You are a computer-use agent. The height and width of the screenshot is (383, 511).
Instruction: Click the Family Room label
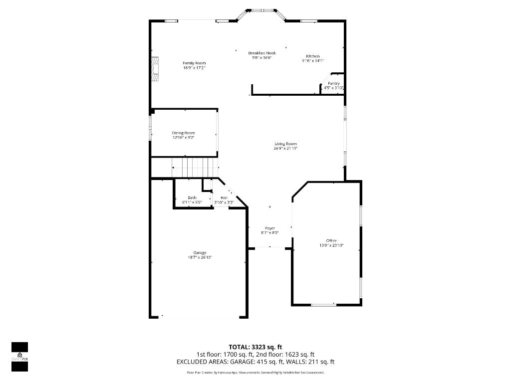click(194, 63)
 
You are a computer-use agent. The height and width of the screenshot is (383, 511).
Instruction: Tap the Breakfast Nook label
click(261, 53)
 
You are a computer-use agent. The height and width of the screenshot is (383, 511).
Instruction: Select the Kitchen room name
click(313, 56)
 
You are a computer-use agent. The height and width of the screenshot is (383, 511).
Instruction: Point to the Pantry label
click(333, 83)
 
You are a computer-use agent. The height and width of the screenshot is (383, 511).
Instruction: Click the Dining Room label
click(183, 133)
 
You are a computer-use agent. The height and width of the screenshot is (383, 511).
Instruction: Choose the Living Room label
click(285, 144)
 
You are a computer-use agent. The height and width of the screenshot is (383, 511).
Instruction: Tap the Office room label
click(331, 241)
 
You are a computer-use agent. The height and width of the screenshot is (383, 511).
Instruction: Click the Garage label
click(200, 253)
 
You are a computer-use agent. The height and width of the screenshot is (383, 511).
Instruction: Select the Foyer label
click(270, 228)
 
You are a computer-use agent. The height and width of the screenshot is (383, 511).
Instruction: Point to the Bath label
click(192, 198)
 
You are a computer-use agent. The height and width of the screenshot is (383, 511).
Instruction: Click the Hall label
click(224, 198)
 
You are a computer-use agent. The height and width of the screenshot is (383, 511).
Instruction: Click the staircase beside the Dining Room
click(195, 167)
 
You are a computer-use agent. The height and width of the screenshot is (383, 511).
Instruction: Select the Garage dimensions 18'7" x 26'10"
click(200, 258)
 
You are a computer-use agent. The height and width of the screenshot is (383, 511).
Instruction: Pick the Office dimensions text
click(331, 245)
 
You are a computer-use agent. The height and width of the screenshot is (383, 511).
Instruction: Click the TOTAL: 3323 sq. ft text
click(255, 347)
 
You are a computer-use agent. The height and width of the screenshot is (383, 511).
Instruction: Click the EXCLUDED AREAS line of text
click(255, 362)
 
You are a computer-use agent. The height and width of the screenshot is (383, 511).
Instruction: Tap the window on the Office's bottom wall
click(323, 304)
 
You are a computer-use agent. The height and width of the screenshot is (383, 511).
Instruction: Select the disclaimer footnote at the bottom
click(255, 373)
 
